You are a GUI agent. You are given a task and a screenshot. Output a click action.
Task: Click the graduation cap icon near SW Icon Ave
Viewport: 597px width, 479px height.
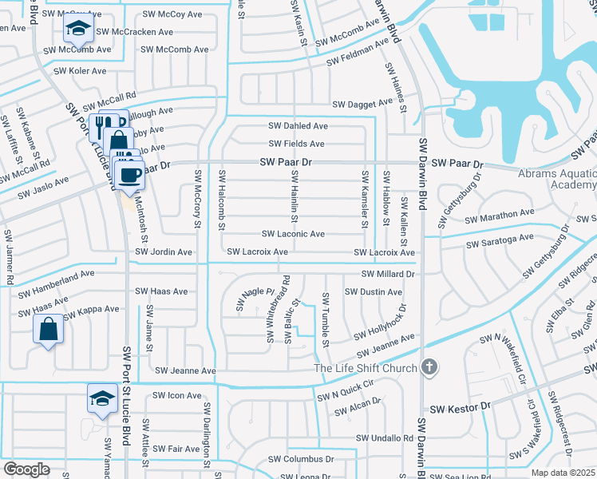click(x=101, y=398)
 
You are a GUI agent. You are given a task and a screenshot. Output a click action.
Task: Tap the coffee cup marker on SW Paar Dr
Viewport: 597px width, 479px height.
click(x=129, y=173)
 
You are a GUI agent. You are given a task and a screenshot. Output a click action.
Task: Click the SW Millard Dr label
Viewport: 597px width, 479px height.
click(x=389, y=274)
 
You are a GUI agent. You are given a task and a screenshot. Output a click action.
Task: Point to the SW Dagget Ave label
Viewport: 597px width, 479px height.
click(x=363, y=103)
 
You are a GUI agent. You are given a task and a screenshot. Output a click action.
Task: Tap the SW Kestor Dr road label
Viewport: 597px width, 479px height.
click(x=459, y=408)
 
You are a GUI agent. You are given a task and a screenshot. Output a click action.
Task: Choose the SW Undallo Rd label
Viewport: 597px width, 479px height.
click(x=385, y=438)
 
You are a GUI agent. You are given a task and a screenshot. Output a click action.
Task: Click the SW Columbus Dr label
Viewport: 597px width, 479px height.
click(x=301, y=459)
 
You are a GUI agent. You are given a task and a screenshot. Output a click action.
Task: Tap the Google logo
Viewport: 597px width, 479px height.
click(x=26, y=469)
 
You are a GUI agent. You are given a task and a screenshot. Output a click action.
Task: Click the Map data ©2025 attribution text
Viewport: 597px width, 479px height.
click(x=562, y=473)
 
